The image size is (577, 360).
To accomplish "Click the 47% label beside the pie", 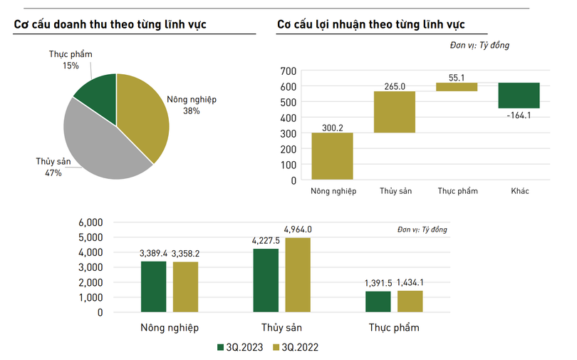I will (x=54, y=173).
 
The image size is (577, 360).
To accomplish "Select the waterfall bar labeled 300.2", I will (x=332, y=156).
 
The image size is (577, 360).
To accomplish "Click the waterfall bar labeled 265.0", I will (x=395, y=112).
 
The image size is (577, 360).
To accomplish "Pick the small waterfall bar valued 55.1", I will (x=457, y=87).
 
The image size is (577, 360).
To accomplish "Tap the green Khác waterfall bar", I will (x=519, y=96).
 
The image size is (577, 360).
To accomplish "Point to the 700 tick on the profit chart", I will (x=288, y=71).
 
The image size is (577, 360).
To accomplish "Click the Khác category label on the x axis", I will (x=520, y=191).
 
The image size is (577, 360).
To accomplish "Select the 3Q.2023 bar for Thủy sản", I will (x=266, y=280).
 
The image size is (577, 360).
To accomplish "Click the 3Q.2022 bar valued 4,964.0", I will (x=298, y=274).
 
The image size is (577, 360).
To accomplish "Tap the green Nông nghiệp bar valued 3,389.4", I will (x=153, y=287).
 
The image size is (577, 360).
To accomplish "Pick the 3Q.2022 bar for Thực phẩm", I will (x=410, y=302).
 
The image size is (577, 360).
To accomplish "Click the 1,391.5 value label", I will (x=378, y=284).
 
